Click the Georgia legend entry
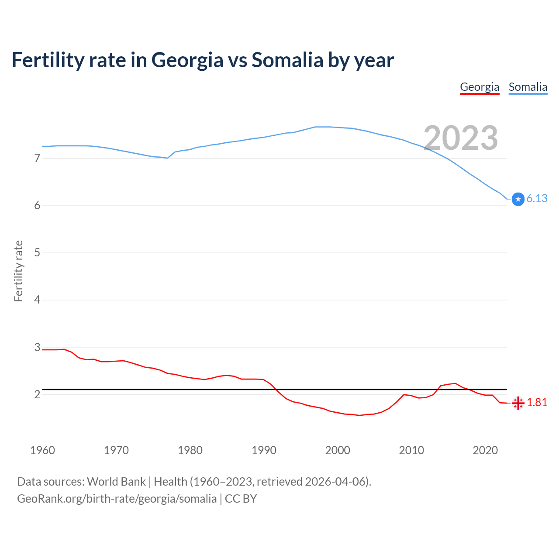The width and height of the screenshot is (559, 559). (x=480, y=87)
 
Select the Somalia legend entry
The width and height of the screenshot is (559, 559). (x=528, y=87)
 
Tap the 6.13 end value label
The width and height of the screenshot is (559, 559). (x=537, y=198)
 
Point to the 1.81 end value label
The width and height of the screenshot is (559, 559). (x=537, y=402)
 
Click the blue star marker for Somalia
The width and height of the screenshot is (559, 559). (x=518, y=199)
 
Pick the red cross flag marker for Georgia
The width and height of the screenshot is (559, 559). (x=518, y=403)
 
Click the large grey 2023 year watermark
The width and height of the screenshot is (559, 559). (x=461, y=138)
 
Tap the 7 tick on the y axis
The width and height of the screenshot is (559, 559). (x=37, y=158)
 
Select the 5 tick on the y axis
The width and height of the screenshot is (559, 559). (x=37, y=252)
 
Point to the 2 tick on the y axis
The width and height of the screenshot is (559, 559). (x=37, y=394)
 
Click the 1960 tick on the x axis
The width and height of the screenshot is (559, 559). (x=42, y=450)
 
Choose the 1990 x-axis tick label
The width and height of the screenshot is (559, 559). (x=264, y=450)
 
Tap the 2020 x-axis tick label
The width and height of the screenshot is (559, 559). (x=485, y=450)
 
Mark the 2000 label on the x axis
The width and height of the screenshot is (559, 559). (x=338, y=450)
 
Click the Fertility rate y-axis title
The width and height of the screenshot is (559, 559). (x=18, y=271)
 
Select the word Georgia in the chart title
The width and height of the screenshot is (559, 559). (x=187, y=61)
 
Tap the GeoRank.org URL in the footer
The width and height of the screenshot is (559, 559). (x=117, y=499)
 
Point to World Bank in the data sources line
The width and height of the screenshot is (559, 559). (x=116, y=482)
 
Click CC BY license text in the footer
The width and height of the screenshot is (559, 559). (x=241, y=499)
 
